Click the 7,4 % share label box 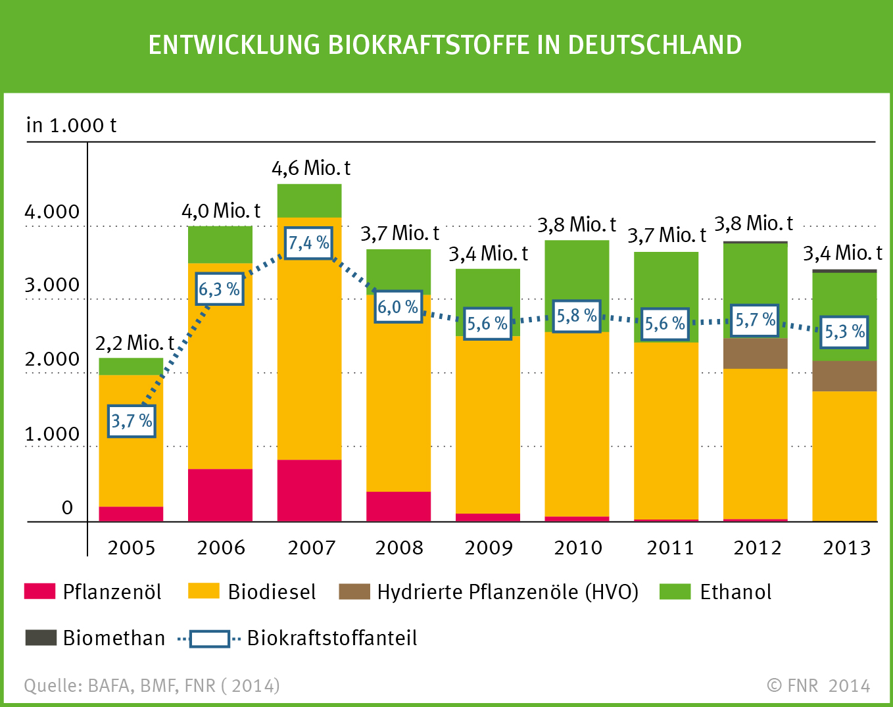[308, 243]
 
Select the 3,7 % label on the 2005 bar [132, 421]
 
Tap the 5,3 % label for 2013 [845, 331]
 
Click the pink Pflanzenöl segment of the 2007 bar [309, 490]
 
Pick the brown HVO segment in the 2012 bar [755, 353]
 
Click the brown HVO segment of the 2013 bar [844, 376]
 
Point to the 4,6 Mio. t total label [310, 168]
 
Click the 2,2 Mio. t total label [134, 343]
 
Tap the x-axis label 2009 [489, 548]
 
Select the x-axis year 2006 [221, 548]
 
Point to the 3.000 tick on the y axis [52, 285]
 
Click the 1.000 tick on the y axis [52, 434]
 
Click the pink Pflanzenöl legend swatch [39, 591]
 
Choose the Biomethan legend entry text [114, 638]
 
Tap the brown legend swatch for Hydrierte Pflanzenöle [354, 591]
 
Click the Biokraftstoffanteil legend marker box [209, 639]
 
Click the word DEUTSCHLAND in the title [654, 45]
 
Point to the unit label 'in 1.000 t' [71, 125]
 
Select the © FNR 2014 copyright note [818, 686]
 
